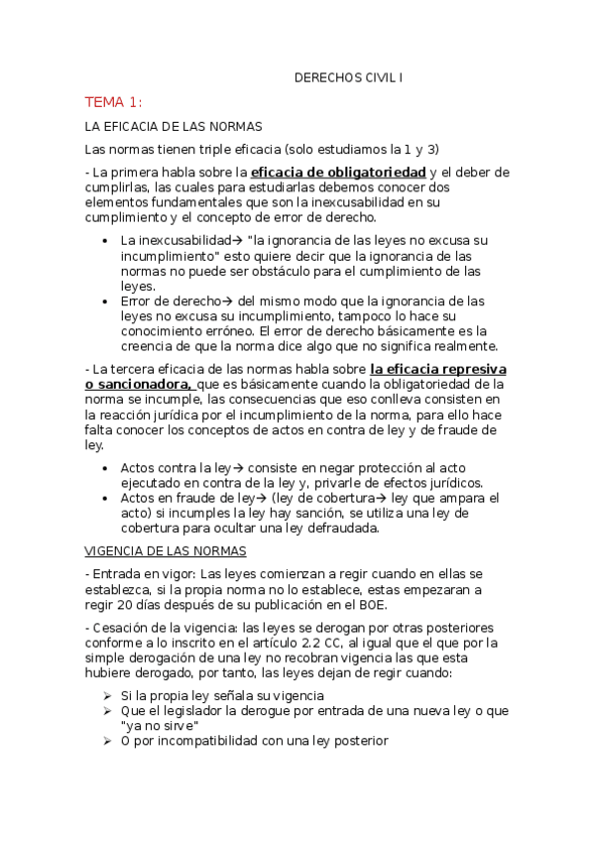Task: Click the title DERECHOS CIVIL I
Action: pyautogui.click(x=349, y=76)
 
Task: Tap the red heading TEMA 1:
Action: pyautogui.click(x=113, y=102)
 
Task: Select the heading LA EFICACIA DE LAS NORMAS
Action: pyautogui.click(x=173, y=127)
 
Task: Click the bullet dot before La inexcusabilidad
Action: pyautogui.click(x=106, y=241)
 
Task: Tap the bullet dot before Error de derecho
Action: pyautogui.click(x=106, y=300)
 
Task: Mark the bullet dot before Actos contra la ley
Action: pyautogui.click(x=106, y=467)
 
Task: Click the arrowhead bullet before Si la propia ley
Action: pyautogui.click(x=107, y=694)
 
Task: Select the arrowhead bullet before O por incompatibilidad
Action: pyautogui.click(x=107, y=741)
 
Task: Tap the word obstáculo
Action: pyautogui.click(x=258, y=271)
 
